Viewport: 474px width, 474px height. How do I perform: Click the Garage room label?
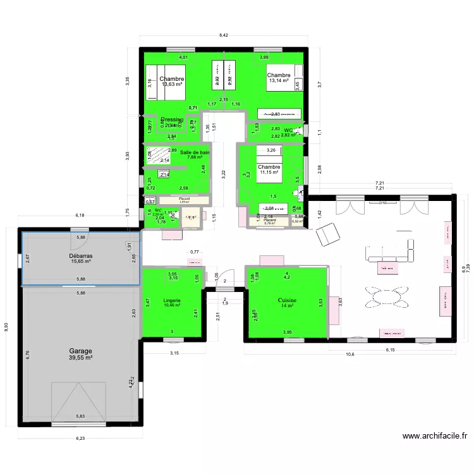(x=81, y=351)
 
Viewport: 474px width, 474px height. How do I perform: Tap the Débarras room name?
(x=81, y=256)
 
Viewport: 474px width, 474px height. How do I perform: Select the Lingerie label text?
(x=172, y=300)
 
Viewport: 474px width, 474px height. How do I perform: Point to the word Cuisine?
(x=288, y=300)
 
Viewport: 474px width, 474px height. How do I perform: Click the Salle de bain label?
(x=195, y=152)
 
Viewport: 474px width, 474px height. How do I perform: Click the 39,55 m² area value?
(x=81, y=358)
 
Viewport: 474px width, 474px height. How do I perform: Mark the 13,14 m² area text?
(x=278, y=81)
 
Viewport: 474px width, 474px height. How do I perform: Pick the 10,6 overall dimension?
(x=349, y=354)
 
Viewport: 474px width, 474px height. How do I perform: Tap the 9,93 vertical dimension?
(x=7, y=327)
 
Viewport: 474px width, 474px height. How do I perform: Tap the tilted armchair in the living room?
(x=327, y=234)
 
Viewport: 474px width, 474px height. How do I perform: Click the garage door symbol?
(x=81, y=403)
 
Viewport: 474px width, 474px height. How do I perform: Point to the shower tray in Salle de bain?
(x=161, y=155)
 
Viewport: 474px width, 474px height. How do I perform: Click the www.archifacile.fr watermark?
(x=435, y=436)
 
